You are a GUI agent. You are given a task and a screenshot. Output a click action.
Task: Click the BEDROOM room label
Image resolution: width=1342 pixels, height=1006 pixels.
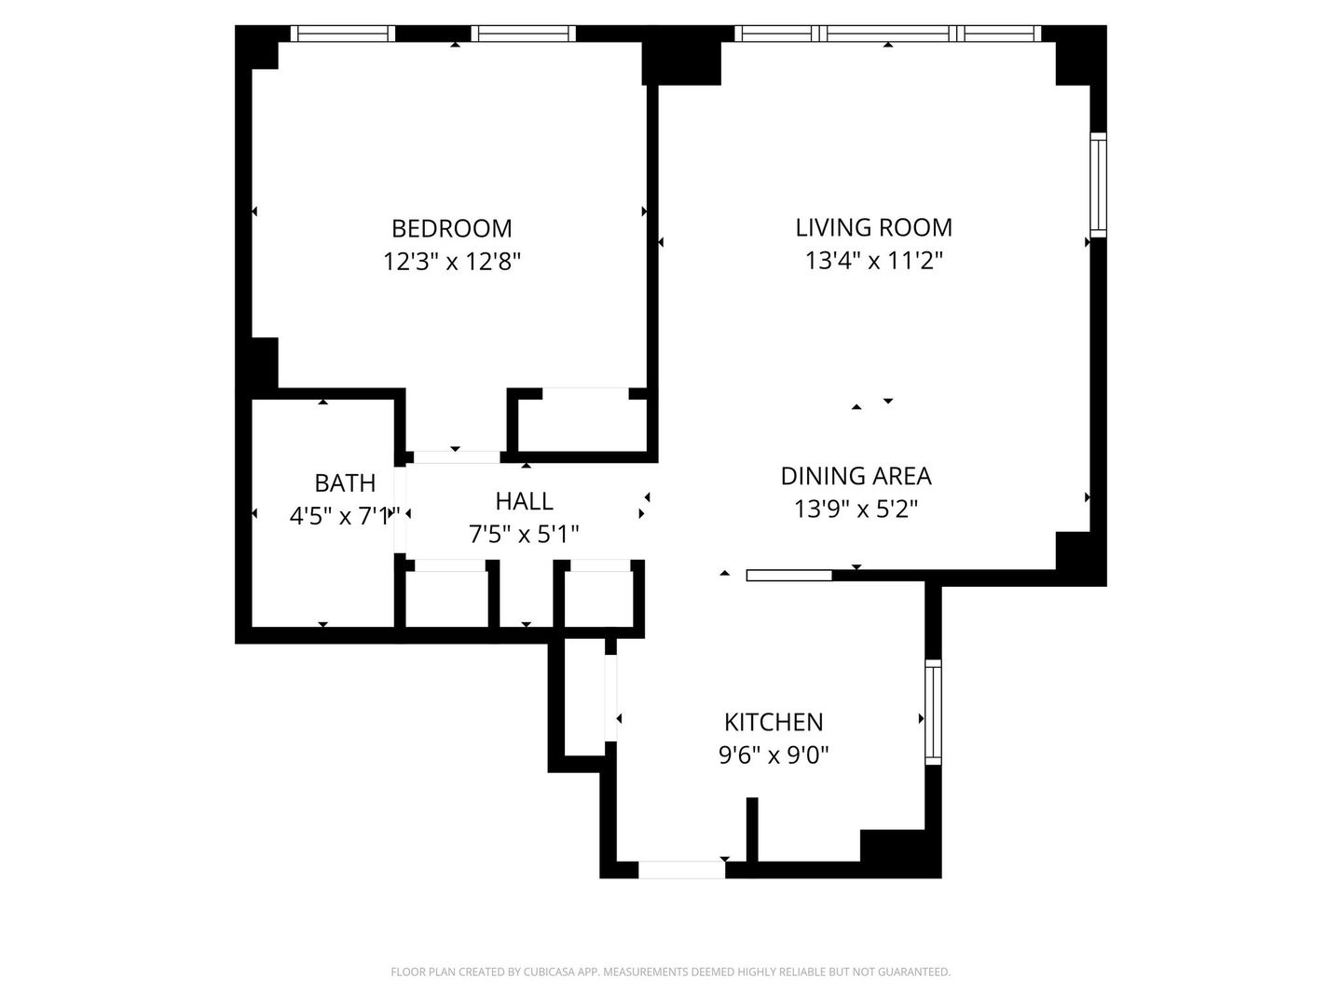coord(451,228)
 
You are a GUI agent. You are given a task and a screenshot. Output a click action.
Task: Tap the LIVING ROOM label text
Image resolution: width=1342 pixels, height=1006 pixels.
coord(873,227)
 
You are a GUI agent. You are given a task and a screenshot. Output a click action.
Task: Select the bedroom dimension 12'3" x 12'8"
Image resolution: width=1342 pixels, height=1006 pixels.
coord(452,262)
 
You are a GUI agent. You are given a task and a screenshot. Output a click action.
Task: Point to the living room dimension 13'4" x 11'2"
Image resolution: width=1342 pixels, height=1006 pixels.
coord(873,261)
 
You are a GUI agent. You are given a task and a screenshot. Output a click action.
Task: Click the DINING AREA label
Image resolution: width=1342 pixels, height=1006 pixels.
coord(856,476)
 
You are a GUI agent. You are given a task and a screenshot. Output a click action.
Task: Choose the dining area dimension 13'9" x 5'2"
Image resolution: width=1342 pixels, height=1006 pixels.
coord(856,509)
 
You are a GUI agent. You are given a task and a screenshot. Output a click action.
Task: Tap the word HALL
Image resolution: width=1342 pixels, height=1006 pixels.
coord(524,501)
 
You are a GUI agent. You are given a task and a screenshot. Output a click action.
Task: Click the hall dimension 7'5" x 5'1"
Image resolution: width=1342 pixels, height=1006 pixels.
coord(524,535)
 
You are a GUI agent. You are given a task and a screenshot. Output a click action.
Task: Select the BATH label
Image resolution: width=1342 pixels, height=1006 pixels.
coord(345,483)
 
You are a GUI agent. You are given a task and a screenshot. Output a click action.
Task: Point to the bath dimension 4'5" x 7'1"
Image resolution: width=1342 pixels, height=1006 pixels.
coord(345,516)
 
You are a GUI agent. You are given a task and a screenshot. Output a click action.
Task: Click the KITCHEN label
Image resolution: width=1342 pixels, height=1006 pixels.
coord(774,723)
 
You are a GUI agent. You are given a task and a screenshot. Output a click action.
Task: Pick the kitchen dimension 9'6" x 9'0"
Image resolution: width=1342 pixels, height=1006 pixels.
coord(774,755)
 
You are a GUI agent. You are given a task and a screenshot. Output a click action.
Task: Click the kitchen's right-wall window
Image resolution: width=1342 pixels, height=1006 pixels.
coord(933,713)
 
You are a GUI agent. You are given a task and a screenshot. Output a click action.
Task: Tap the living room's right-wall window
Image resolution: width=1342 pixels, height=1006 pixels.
coord(1098,184)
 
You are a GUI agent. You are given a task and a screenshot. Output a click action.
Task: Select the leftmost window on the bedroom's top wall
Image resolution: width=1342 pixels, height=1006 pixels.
coord(342,33)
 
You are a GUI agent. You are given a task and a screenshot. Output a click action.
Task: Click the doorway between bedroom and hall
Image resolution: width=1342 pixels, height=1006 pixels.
coord(457,456)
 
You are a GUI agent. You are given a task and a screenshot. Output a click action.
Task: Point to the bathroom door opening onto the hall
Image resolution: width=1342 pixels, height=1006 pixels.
coord(400,510)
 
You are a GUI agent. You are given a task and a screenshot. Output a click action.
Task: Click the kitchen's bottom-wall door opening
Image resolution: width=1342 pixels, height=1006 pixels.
coord(681,870)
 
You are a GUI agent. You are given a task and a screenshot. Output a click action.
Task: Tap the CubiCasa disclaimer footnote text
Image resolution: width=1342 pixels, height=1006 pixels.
coord(670,972)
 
